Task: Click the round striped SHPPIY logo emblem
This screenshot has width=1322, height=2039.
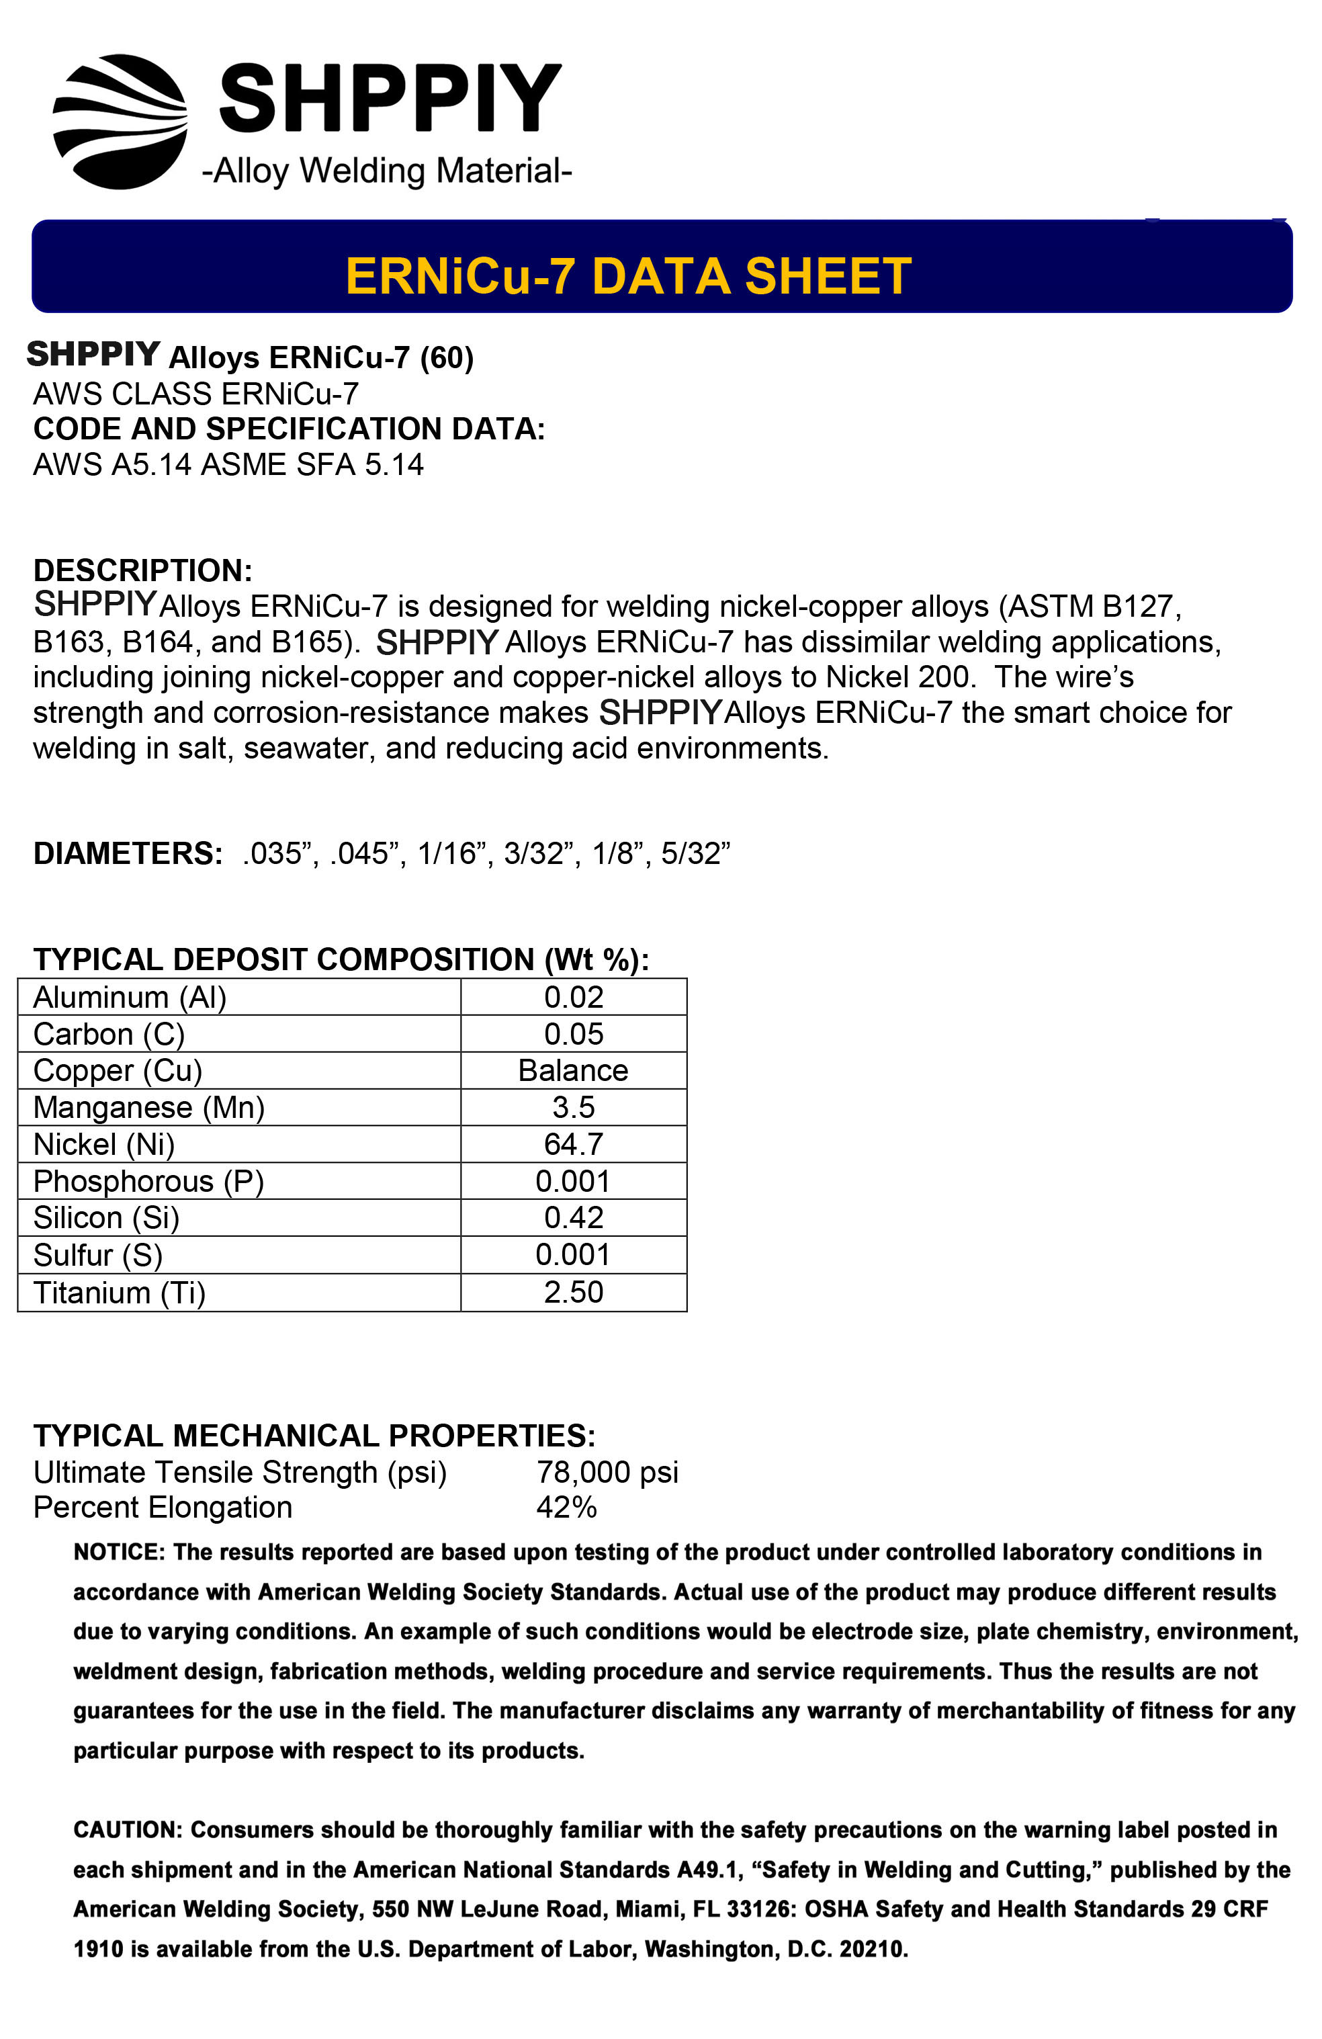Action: pyautogui.click(x=120, y=122)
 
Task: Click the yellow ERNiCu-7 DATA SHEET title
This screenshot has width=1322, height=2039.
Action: pyautogui.click(x=628, y=276)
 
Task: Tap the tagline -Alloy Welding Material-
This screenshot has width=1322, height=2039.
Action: pyautogui.click(x=386, y=171)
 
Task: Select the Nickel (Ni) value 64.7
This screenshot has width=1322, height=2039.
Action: pyautogui.click(x=573, y=1143)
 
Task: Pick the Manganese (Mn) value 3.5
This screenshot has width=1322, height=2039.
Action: pyautogui.click(x=573, y=1107)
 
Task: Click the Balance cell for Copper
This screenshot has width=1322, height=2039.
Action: pyautogui.click(x=573, y=1070)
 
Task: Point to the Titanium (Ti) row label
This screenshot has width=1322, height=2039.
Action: pyautogui.click(x=119, y=1292)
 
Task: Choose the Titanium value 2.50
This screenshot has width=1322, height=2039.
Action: pyautogui.click(x=573, y=1292)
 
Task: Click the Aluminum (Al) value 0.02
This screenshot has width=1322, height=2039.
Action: pyautogui.click(x=573, y=996)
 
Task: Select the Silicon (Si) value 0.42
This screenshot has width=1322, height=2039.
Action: pyautogui.click(x=573, y=1217)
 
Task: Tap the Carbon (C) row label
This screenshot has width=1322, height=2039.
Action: pyautogui.click(x=109, y=1034)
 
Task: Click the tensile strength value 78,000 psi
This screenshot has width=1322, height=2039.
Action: pyautogui.click(x=607, y=1472)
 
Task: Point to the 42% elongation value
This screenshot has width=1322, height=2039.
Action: pyautogui.click(x=566, y=1507)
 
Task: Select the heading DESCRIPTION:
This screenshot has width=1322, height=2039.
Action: pyautogui.click(x=142, y=570)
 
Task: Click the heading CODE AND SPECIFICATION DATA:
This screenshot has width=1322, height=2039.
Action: pyautogui.click(x=289, y=429)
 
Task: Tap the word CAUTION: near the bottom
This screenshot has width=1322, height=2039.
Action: pyautogui.click(x=128, y=1830)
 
